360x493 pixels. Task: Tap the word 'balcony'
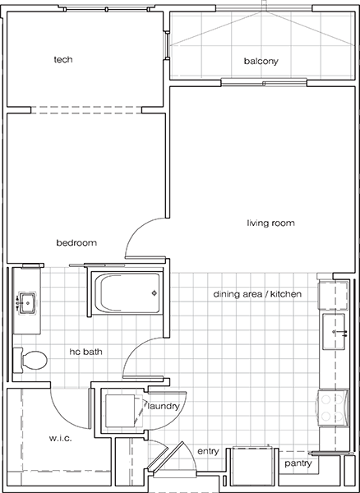[261, 62]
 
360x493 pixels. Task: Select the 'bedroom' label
[76, 242]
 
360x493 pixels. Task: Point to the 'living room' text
[270, 223]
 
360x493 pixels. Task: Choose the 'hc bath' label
[85, 352]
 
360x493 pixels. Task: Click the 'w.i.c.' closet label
[39, 437]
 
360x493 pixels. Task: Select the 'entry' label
[208, 451]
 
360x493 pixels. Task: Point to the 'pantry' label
[297, 464]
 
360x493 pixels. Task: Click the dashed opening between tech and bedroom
[87, 109]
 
